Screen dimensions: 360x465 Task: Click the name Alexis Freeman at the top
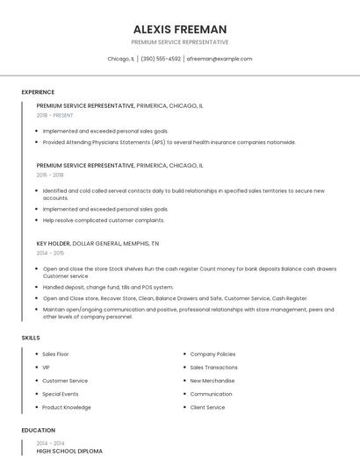coord(180,29)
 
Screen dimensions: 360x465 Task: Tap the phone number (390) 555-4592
coord(161,59)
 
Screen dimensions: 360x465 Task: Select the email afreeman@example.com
coord(220,59)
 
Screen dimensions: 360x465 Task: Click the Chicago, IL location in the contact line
coord(120,59)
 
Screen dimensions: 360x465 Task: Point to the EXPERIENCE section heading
coord(38,92)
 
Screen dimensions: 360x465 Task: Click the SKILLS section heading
coord(31,338)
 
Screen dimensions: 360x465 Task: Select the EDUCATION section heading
coord(38,431)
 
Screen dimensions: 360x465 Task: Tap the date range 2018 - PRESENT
coord(55,115)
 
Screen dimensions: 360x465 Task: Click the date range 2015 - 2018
coord(51,175)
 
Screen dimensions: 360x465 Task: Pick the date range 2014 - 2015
coord(51,253)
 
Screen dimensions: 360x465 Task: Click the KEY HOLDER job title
coord(53,243)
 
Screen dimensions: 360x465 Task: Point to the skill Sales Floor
coord(55,354)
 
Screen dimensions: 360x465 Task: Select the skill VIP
coord(46,368)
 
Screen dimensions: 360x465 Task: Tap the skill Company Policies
coord(212,354)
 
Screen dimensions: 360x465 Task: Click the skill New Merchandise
coord(212,381)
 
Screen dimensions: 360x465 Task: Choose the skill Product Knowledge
coord(67,407)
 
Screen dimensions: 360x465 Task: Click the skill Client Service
coord(207,407)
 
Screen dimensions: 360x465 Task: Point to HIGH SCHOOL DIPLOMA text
coord(69,451)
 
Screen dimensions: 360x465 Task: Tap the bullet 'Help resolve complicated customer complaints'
coord(104,220)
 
